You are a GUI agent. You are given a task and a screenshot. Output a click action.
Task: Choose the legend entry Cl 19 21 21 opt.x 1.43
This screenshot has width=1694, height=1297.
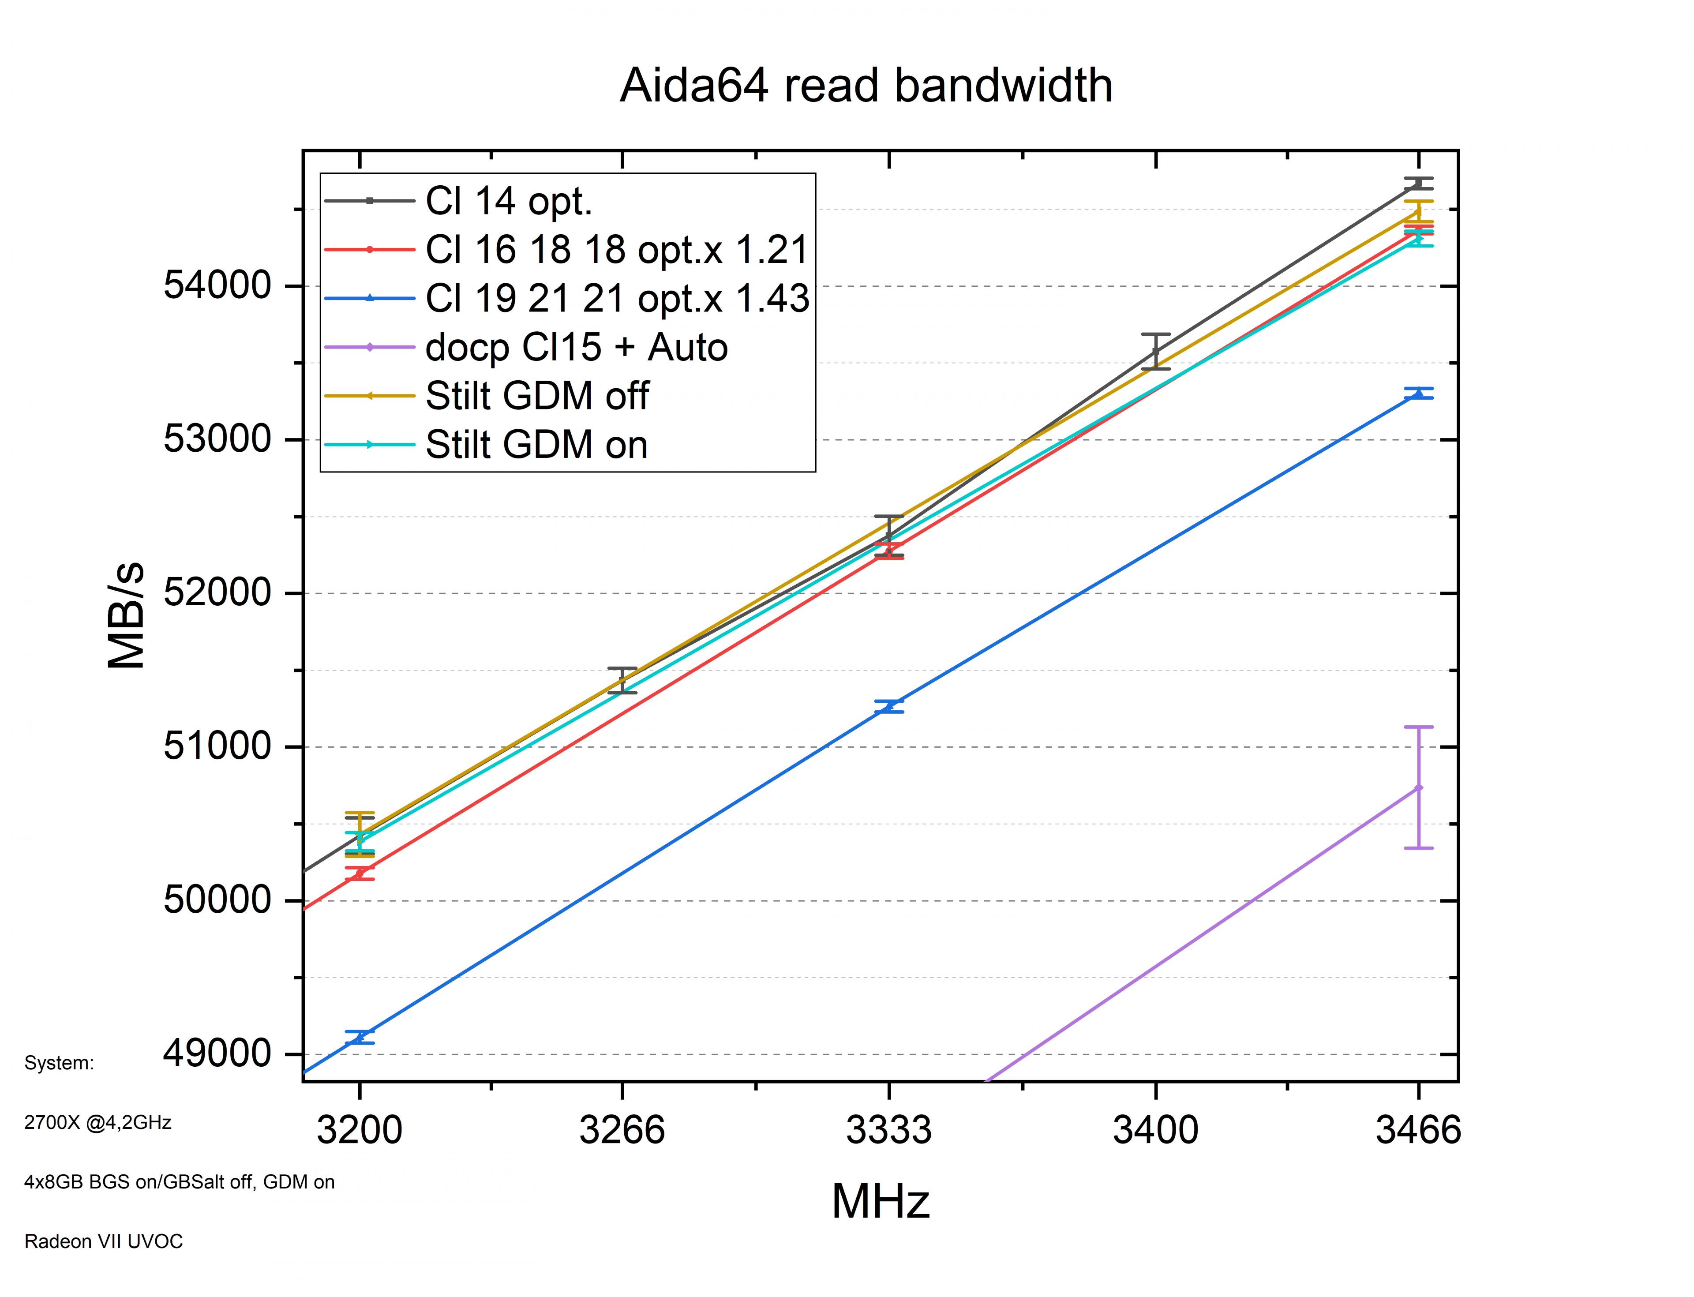coord(617,298)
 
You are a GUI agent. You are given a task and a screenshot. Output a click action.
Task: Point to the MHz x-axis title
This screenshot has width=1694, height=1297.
coord(880,1201)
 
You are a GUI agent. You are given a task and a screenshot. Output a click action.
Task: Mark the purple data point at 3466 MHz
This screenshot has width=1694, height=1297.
coord(1418,787)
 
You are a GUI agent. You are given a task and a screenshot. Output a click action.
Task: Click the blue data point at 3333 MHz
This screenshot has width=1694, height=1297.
coord(889,706)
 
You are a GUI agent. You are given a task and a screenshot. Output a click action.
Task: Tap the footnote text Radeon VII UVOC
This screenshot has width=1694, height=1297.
coord(104,1241)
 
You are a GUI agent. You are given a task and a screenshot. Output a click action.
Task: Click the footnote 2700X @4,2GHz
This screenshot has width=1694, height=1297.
coord(97,1122)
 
